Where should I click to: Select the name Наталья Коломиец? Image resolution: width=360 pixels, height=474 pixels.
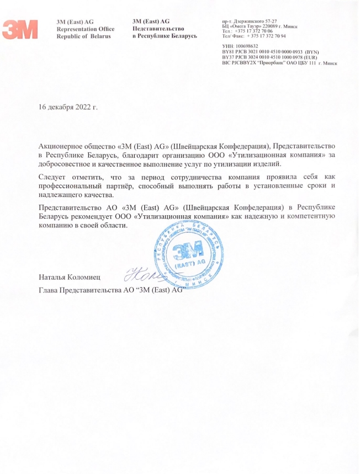[70, 274]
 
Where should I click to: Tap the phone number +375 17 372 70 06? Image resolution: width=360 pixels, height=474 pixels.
[253, 31]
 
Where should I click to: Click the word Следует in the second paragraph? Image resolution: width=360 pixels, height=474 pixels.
[54, 177]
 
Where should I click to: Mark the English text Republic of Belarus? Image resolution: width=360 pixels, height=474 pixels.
[84, 36]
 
